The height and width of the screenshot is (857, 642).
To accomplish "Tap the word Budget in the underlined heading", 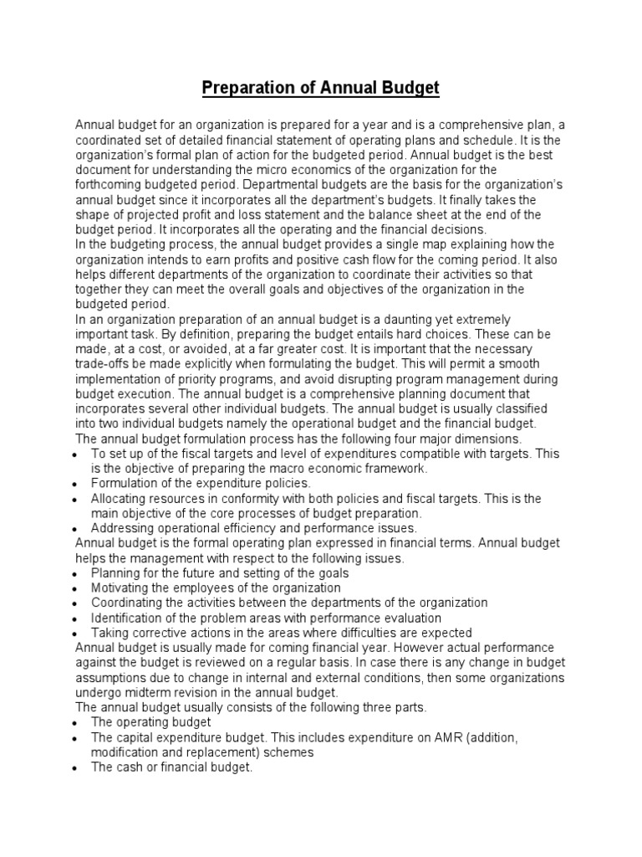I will pyautogui.click(x=409, y=87).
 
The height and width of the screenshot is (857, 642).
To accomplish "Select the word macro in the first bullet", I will pyautogui.click(x=284, y=468).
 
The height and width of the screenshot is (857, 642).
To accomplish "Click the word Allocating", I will pyautogui.click(x=122, y=499).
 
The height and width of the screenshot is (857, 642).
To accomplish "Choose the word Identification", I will pyautogui.click(x=127, y=618).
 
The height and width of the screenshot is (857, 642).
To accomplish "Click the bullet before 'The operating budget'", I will pyautogui.click(x=76, y=722).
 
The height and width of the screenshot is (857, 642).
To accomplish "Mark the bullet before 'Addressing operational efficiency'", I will pyautogui.click(x=76, y=529).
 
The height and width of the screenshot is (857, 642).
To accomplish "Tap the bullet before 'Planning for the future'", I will pyautogui.click(x=76, y=573).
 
